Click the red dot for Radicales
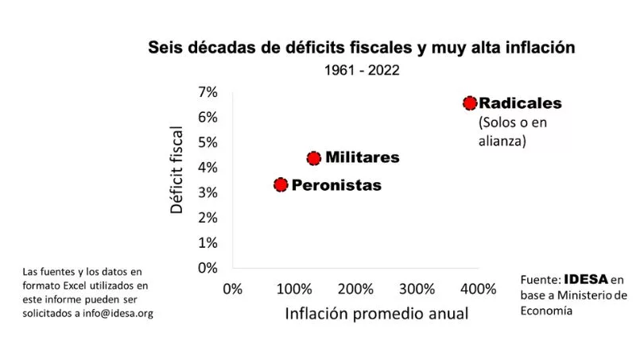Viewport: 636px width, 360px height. pos(470,103)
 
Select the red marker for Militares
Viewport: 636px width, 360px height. pos(314,158)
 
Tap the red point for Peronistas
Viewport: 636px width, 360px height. pos(281,185)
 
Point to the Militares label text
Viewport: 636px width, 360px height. pos(363,157)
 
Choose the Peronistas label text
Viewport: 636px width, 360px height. pos(336,185)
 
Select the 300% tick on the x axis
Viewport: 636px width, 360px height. pos(417,287)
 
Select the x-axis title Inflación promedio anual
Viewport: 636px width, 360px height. pos(377,313)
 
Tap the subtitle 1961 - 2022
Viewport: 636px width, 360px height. pos(361,70)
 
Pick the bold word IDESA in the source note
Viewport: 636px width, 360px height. pos(586,279)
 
